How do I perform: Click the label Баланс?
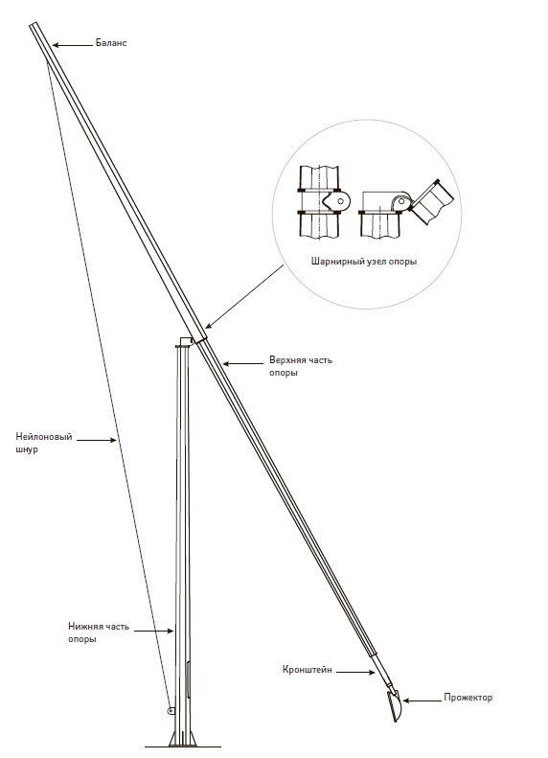point(111,43)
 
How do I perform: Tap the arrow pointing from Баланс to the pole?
point(73,45)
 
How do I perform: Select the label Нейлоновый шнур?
point(44,443)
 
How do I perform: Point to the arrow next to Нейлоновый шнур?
point(97,440)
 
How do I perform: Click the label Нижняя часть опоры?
point(99,632)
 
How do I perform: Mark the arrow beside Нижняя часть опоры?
point(153,631)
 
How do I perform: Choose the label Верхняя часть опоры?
point(301,366)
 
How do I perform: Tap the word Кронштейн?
point(308,670)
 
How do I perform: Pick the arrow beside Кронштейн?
point(355,672)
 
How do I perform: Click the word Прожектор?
point(468,697)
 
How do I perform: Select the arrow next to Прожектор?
point(422,700)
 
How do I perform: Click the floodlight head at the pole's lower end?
point(396,706)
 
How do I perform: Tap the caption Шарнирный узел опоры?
point(364,262)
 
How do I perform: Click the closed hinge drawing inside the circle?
point(321,202)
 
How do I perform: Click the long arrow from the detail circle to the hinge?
point(245,297)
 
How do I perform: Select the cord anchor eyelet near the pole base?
point(171,711)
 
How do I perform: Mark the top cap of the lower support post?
point(185,342)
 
